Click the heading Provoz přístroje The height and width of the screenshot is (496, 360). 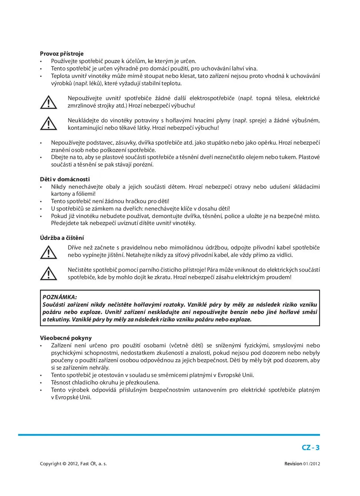tap(61, 54)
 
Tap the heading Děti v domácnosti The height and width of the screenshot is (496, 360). tap(65, 179)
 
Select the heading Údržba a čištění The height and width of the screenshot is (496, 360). tap(62, 238)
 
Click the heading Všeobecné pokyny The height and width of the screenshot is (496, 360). tap(66, 338)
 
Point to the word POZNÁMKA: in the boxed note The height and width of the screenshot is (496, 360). tap(60, 297)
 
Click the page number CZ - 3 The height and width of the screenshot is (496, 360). tap(310, 447)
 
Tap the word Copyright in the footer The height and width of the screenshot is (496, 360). tap(50, 464)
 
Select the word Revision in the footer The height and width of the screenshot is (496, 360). tap(293, 464)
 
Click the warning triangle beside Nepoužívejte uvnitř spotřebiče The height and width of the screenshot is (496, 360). tap(49, 102)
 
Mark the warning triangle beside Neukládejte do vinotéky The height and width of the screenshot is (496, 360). tap(49, 124)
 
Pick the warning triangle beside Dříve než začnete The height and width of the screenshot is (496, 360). tap(49, 252)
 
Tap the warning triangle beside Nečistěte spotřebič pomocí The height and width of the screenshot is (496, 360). tap(49, 274)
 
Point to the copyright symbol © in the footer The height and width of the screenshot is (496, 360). tap(64, 464)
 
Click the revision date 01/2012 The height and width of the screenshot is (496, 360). tap(312, 464)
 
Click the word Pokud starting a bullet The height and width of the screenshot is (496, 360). tap(59, 216)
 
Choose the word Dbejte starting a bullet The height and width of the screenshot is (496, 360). tap(59, 157)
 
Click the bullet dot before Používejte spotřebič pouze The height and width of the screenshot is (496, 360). tap(41, 62)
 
